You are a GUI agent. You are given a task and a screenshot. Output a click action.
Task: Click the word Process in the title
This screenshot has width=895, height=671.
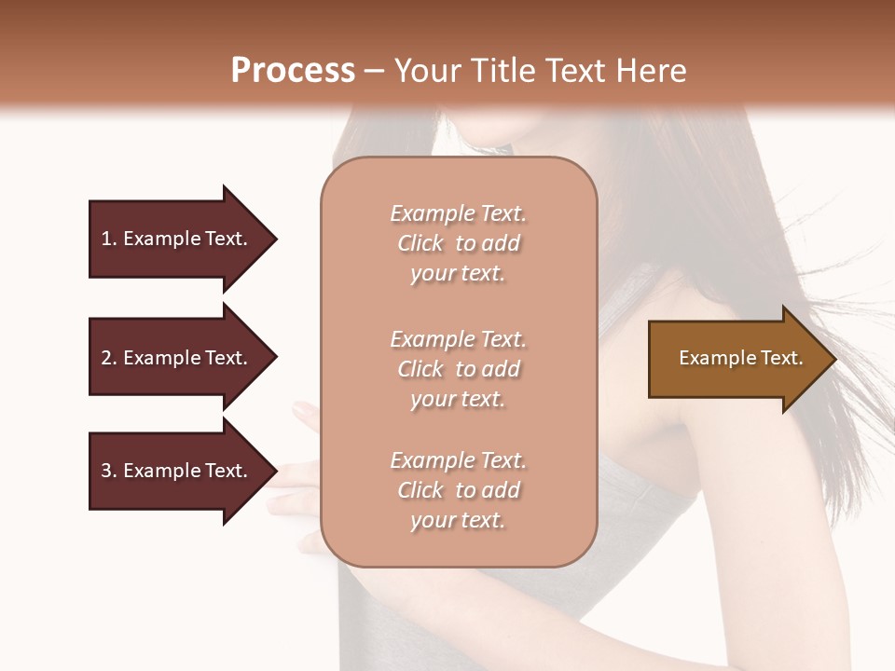click(293, 71)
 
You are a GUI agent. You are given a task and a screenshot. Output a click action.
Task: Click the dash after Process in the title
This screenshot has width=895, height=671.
click(375, 72)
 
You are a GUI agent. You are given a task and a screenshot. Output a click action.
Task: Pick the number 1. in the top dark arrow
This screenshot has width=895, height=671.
click(109, 239)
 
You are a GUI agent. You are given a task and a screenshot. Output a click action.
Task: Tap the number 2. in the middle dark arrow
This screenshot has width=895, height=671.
click(109, 358)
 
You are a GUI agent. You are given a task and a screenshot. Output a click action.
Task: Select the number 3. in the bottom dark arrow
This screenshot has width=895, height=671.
click(109, 471)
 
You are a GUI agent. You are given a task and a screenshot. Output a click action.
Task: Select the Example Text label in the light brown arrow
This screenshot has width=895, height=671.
click(740, 358)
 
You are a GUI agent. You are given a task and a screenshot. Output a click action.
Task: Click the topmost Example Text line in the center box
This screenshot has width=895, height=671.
click(458, 213)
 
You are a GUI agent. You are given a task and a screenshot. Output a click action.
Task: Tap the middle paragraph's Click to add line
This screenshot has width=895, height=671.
click(458, 369)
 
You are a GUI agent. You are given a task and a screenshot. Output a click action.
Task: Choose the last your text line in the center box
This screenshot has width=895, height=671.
click(458, 520)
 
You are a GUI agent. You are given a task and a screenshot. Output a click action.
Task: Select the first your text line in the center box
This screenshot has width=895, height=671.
click(458, 273)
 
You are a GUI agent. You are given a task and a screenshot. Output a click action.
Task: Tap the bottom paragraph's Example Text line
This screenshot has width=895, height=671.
click(458, 460)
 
